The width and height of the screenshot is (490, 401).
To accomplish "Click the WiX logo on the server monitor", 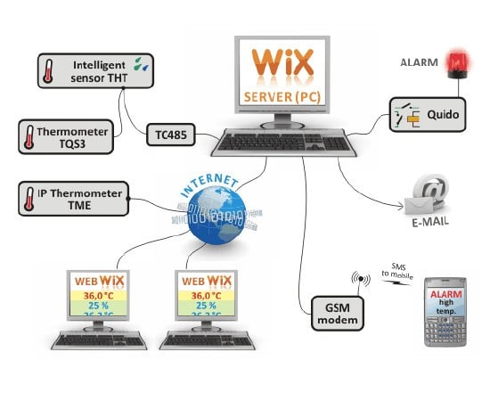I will [282, 65].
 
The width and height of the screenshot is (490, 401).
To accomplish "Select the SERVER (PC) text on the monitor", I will [282, 94].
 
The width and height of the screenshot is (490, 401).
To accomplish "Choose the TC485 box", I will [172, 135].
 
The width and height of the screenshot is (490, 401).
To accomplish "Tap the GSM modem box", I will [337, 315].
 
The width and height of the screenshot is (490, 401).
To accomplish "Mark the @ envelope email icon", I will [429, 194].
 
